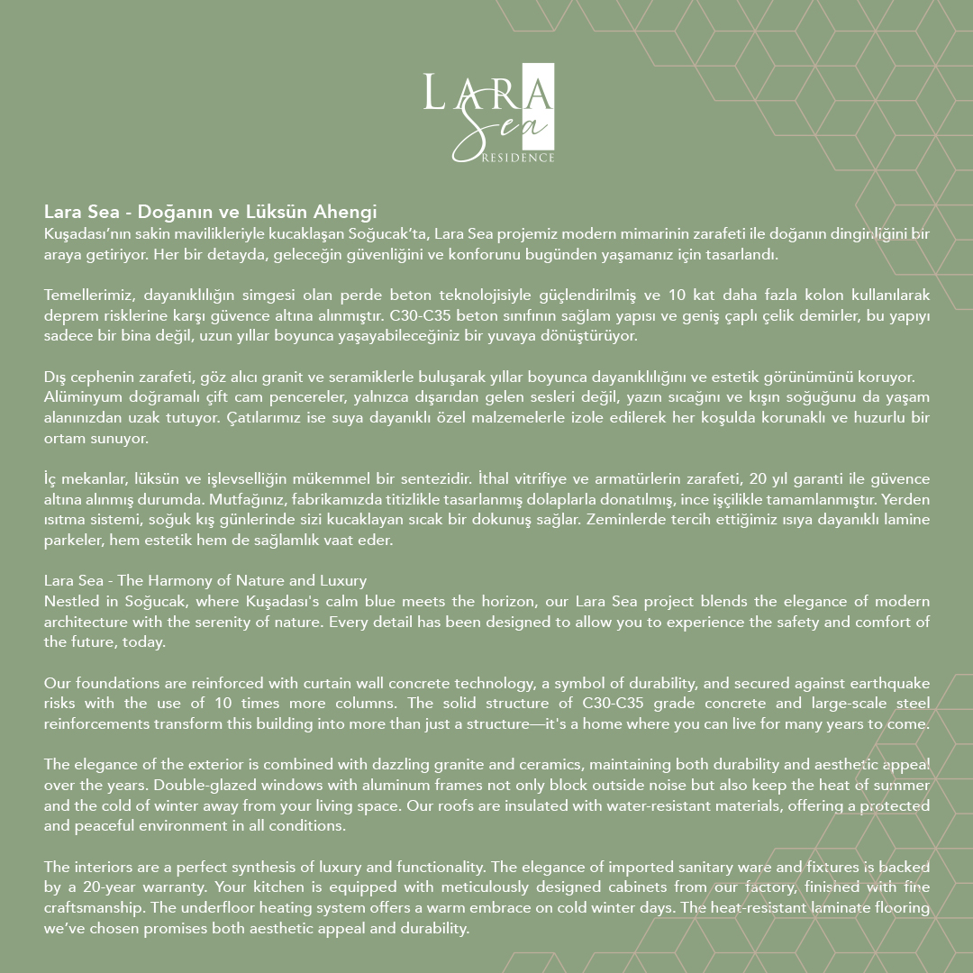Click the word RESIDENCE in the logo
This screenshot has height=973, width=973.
coord(519,158)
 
